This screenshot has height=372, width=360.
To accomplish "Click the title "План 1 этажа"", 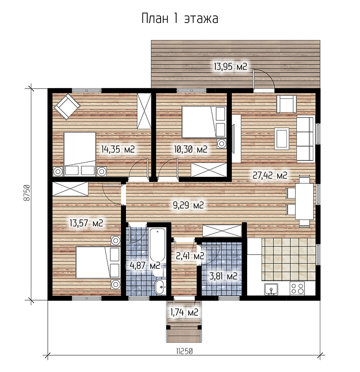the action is [x=180, y=18].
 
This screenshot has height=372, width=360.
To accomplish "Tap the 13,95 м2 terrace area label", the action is [x=230, y=66].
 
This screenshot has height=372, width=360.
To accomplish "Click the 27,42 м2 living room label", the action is [x=270, y=175].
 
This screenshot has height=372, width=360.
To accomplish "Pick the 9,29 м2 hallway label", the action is [x=188, y=205].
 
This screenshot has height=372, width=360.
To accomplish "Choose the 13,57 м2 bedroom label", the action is [x=86, y=223].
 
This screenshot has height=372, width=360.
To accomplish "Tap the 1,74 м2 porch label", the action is [x=184, y=312].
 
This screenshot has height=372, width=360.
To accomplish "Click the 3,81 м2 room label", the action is [x=223, y=276].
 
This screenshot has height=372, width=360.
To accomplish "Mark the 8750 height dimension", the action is [x=27, y=192].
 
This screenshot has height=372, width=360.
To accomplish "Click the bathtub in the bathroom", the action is [x=157, y=245].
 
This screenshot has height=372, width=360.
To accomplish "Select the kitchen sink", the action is [x=271, y=289].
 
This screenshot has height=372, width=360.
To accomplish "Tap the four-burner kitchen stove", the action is [x=297, y=288].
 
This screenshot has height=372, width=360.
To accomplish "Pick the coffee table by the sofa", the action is [x=282, y=138].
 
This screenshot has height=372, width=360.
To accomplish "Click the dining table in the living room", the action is [x=304, y=201].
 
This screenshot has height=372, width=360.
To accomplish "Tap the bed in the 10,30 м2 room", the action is [x=204, y=122].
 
